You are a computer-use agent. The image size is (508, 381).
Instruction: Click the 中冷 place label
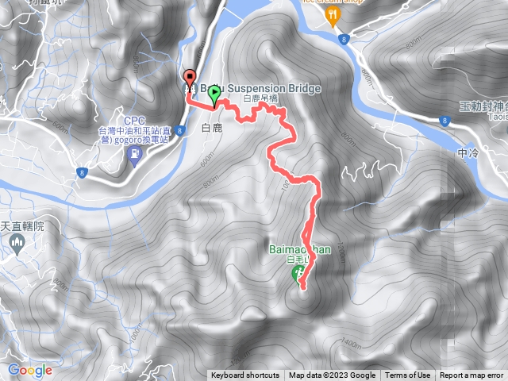pyautogui.click(x=469, y=152)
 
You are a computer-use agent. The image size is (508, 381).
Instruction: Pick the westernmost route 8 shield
pyautogui.click(x=81, y=171)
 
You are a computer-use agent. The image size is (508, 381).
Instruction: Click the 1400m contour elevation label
pyautogui.click(x=349, y=342)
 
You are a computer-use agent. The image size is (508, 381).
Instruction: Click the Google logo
pyautogui.click(x=29, y=370)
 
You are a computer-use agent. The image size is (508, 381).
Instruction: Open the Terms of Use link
pyautogui.click(x=407, y=375)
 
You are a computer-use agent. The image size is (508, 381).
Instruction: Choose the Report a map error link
pyautogui.click(x=471, y=375)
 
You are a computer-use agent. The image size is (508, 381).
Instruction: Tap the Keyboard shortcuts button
pyautogui.click(x=244, y=375)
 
